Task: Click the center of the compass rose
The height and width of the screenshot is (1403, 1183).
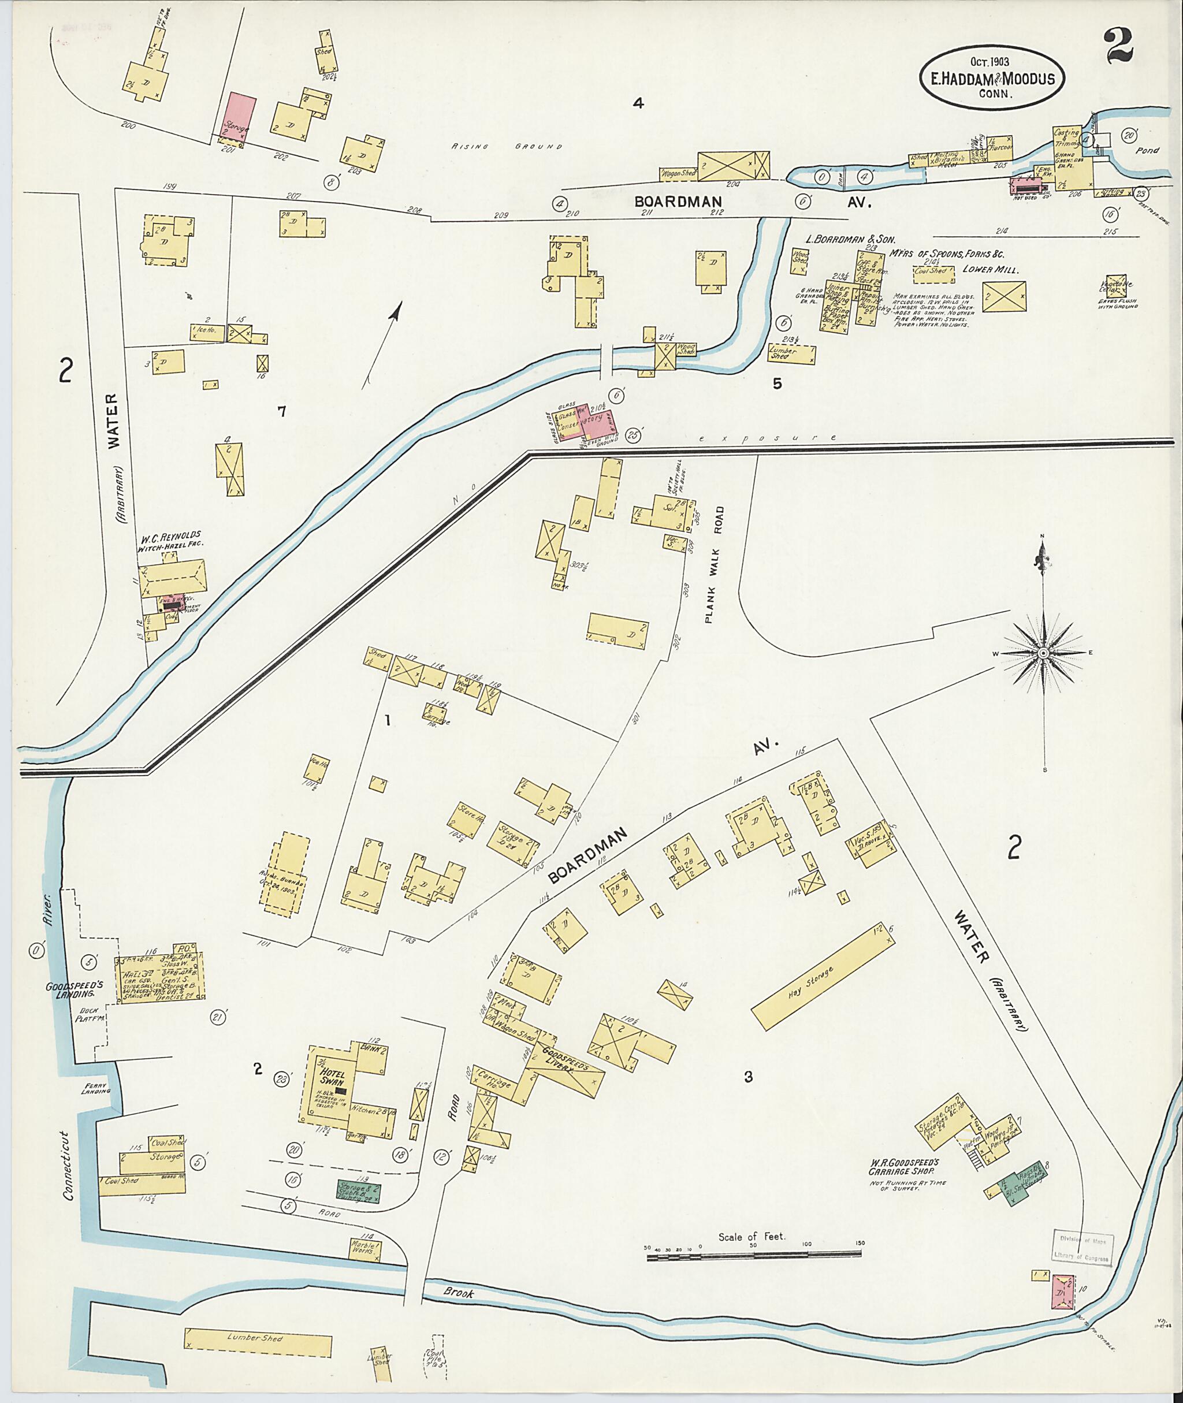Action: [1044, 653]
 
